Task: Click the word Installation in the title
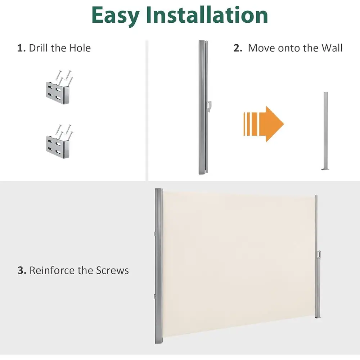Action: pyautogui.click(x=207, y=14)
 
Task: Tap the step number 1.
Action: pyautogui.click(x=21, y=48)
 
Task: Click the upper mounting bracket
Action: pyautogui.click(x=59, y=87)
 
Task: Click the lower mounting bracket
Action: pyautogui.click(x=59, y=141)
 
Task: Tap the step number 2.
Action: pyautogui.click(x=238, y=48)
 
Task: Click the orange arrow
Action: pyautogui.click(x=264, y=124)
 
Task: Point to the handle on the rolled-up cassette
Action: pyautogui.click(x=210, y=107)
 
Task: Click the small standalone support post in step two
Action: pyautogui.click(x=325, y=131)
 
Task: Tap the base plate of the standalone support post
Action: pyautogui.click(x=325, y=169)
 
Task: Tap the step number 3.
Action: pyautogui.click(x=22, y=270)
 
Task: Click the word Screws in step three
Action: pyautogui.click(x=112, y=270)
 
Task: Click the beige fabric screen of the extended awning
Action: pyautogui.click(x=239, y=264)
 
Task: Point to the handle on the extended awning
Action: pyautogui.click(x=319, y=255)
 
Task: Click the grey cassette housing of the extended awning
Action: pyautogui.click(x=158, y=266)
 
